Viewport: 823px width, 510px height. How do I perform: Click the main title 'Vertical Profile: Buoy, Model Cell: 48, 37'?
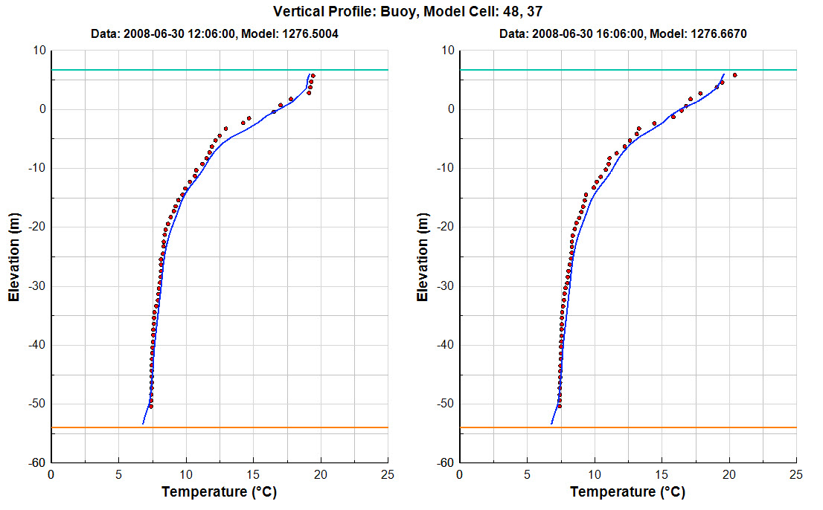click(411, 11)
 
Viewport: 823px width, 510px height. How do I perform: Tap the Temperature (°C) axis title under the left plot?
click(219, 491)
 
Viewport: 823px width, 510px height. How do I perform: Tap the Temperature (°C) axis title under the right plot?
click(627, 491)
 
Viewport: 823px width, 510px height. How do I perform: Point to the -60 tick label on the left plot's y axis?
click(36, 462)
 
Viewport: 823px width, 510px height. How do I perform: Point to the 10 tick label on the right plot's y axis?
click(447, 51)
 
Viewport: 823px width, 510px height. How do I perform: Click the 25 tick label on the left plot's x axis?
click(388, 474)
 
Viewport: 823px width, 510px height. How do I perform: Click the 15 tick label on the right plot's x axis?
click(662, 474)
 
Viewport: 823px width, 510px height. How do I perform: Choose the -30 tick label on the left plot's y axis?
click(36, 286)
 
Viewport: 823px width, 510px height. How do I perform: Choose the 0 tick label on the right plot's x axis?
click(459, 474)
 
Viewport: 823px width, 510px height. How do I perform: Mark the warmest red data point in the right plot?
click(734, 75)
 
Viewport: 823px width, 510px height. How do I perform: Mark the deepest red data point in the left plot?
click(150, 406)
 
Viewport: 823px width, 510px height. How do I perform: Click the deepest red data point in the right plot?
click(559, 406)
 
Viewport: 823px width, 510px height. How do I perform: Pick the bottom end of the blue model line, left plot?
click(142, 424)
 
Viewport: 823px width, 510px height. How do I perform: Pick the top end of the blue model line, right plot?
click(724, 74)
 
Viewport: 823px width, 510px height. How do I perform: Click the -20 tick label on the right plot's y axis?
click(445, 227)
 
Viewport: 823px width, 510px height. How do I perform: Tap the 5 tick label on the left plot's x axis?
click(118, 474)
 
